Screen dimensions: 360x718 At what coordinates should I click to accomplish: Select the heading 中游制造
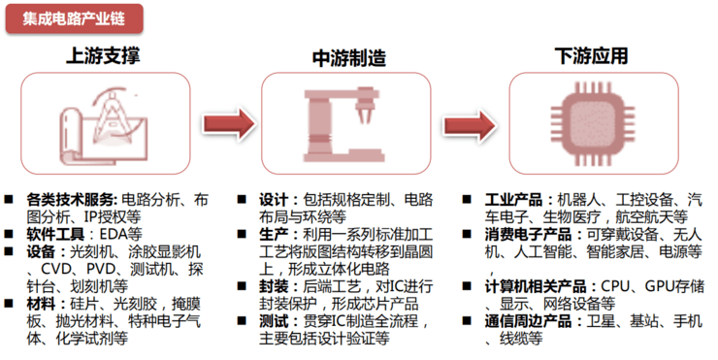[349, 57]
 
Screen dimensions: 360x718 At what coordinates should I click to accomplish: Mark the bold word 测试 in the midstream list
[274, 321]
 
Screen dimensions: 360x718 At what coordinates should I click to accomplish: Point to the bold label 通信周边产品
[530, 321]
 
